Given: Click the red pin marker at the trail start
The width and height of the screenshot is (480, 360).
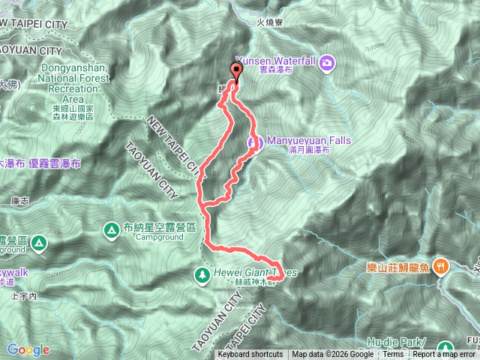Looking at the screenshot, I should (x=238, y=73).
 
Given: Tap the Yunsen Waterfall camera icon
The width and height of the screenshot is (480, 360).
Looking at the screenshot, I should (x=328, y=62).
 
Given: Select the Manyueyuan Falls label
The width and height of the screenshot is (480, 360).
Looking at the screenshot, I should (x=298, y=140).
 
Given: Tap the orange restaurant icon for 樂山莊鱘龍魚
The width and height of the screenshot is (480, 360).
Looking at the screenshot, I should (x=444, y=265).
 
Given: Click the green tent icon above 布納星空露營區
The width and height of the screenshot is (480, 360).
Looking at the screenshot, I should (x=111, y=228).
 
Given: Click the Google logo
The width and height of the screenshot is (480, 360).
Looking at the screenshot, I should (x=28, y=349).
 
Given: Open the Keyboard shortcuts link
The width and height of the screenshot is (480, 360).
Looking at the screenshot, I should (x=250, y=355).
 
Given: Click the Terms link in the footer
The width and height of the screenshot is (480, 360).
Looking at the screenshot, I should (x=393, y=355).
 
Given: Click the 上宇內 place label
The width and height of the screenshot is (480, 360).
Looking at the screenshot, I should (x=24, y=296).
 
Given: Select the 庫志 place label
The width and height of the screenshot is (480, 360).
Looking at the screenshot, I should (x=20, y=201).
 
